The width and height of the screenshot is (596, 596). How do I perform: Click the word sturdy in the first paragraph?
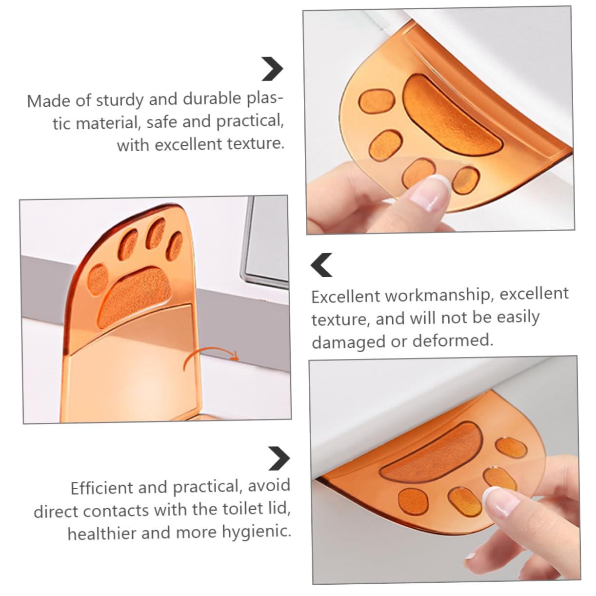point(119,100)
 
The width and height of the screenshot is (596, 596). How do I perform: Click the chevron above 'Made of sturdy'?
point(272,69)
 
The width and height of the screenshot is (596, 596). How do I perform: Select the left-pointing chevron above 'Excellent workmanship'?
point(322,265)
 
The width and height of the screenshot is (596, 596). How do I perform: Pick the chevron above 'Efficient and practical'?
point(279,458)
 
